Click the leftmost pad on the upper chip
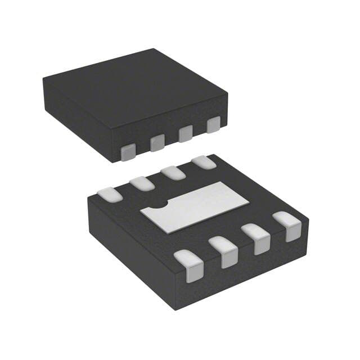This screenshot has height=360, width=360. [129, 151]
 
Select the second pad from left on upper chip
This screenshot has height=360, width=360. [157, 142]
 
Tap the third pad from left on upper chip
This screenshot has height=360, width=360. [185, 133]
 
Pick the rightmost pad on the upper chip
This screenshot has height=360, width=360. [213, 124]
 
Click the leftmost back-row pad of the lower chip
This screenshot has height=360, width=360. [110, 194]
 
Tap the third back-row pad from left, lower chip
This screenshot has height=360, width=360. [173, 173]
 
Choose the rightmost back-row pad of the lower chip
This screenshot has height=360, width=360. [204, 163]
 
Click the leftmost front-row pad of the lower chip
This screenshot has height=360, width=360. [188, 265]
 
